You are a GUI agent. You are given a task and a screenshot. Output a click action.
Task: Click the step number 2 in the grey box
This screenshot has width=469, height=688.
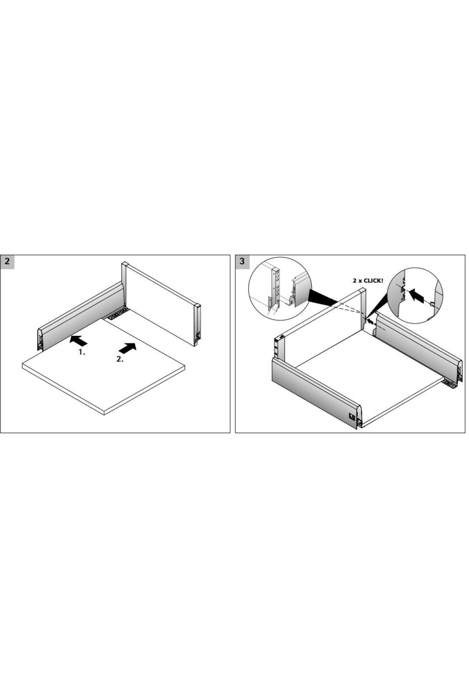pyautogui.click(x=7, y=262)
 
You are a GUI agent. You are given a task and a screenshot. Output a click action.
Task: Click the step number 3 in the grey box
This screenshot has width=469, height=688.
pyautogui.click(x=242, y=262)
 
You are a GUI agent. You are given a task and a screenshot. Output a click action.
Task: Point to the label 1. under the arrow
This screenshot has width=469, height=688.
pyautogui.click(x=82, y=352)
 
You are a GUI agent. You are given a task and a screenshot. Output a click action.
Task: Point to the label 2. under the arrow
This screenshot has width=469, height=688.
pyautogui.click(x=120, y=359)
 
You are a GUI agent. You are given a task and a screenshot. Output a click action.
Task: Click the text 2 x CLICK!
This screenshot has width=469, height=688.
pyautogui.click(x=368, y=281)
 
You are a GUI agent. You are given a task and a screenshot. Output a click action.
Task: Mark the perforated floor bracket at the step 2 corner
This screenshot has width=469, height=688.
pyautogui.click(x=117, y=314)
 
